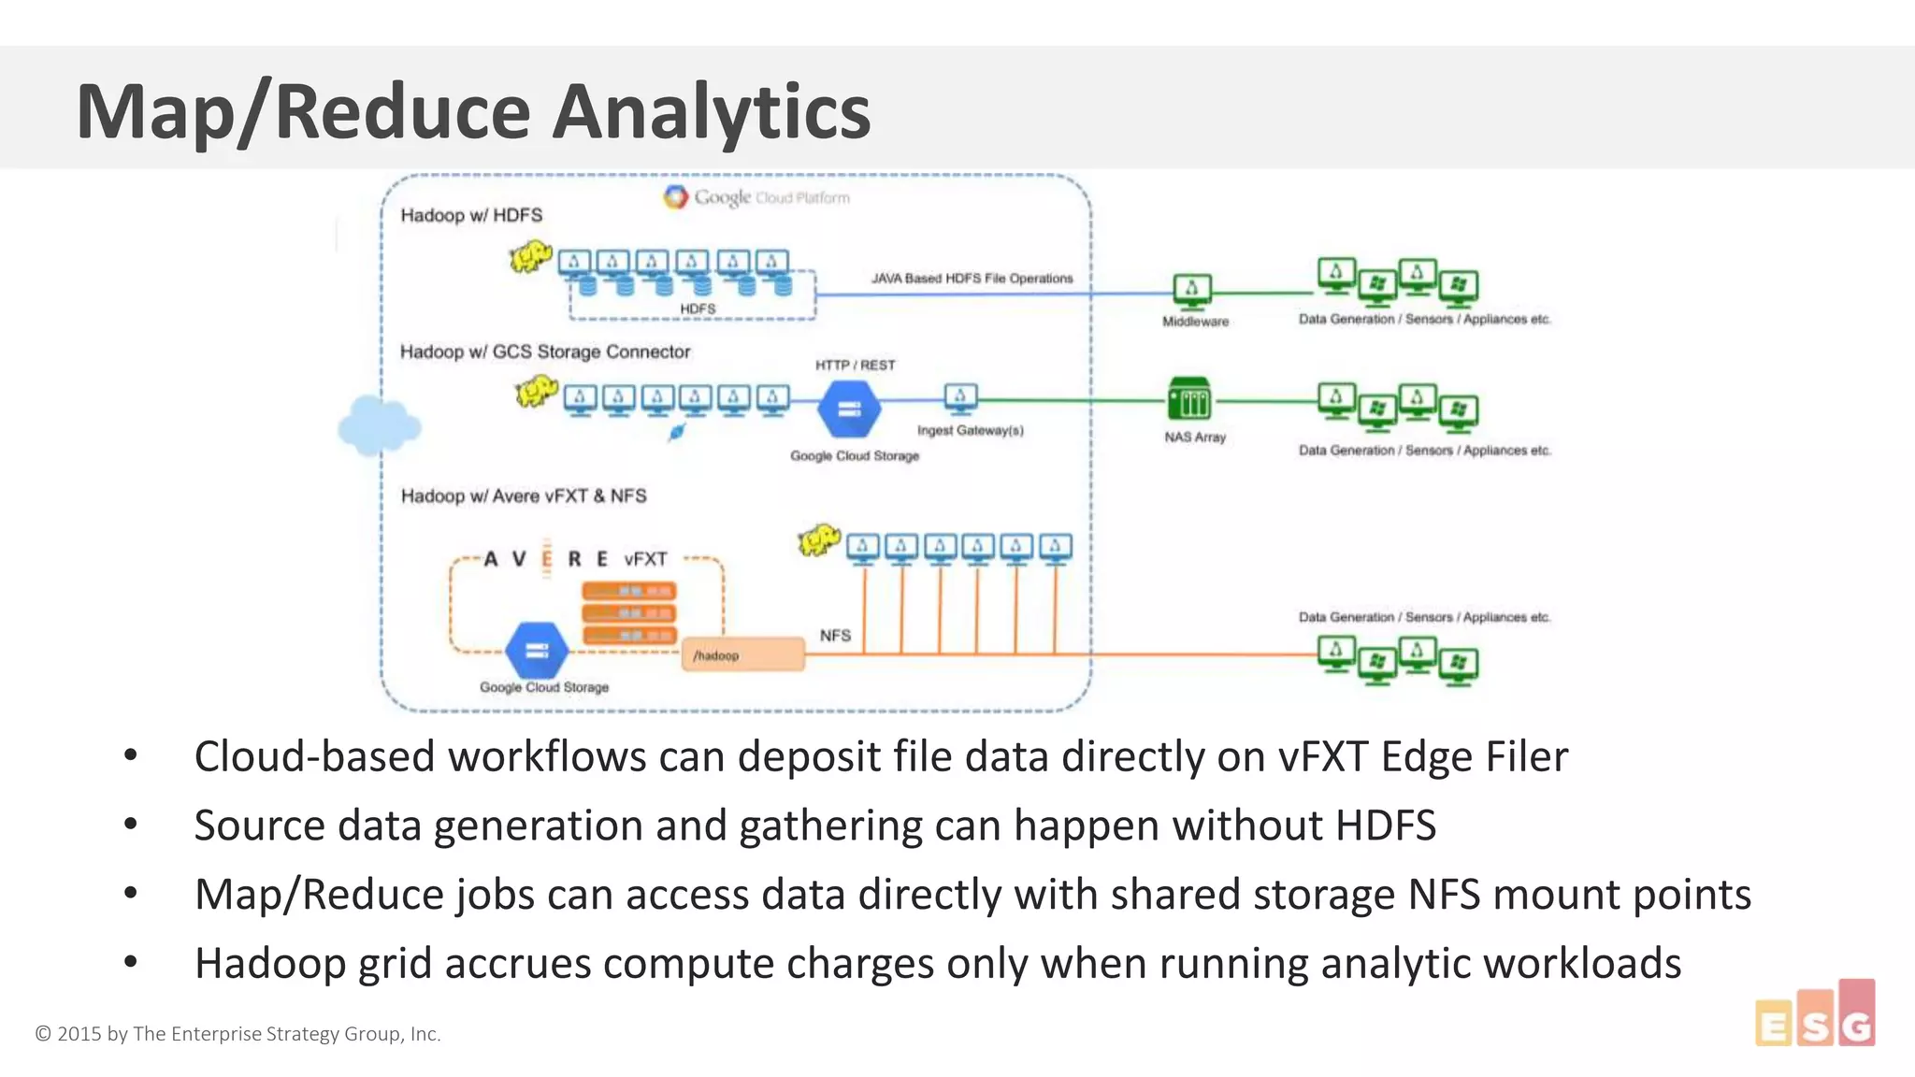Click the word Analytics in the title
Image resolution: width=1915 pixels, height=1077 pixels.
point(711,112)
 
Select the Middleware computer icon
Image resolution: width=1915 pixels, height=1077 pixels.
point(1191,290)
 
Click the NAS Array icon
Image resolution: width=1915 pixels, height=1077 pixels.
point(1189,400)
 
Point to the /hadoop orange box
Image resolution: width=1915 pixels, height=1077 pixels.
point(743,654)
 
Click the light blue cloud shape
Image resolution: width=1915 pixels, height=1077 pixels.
point(379,425)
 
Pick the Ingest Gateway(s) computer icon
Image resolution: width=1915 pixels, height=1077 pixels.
point(960,397)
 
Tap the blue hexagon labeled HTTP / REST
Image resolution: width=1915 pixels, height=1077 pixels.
point(849,409)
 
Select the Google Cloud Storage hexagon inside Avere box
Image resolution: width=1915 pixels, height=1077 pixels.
point(536,651)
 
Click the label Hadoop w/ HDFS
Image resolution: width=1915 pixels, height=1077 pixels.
point(471,215)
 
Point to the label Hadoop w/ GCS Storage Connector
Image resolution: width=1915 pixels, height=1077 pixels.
point(545,352)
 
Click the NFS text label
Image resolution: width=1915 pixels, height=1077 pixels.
point(835,636)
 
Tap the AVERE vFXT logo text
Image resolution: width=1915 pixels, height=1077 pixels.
point(575,559)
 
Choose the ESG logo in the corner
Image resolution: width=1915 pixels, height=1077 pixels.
point(1815,1016)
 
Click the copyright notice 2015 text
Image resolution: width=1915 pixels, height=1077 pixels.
point(238,1034)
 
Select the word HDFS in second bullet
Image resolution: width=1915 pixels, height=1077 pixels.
point(1385,826)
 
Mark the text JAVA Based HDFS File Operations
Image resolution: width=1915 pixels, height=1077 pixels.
point(972,279)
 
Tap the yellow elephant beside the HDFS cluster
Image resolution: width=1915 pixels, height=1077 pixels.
point(530,255)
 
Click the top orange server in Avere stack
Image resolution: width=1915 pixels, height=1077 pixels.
point(628,591)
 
